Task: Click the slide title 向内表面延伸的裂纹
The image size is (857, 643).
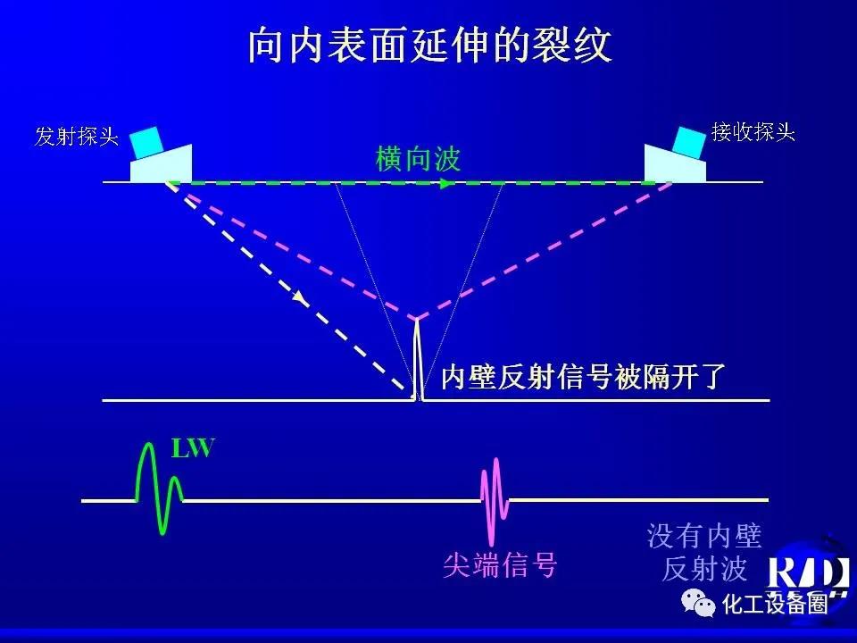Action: [429, 45]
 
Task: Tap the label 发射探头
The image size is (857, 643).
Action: [77, 136]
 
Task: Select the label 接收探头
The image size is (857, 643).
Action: [753, 132]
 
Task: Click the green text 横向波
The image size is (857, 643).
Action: [418, 159]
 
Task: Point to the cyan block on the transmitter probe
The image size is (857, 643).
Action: [146, 143]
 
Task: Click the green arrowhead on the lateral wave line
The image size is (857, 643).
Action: [447, 183]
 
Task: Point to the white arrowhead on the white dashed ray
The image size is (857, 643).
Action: [298, 296]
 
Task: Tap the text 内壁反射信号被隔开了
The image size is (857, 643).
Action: [583, 377]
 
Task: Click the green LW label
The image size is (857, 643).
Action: [193, 447]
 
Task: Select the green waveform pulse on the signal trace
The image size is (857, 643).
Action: [159, 488]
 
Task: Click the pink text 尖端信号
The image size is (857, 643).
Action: [500, 564]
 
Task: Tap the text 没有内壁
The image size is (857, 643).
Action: [704, 536]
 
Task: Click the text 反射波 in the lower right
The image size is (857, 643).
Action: [704, 569]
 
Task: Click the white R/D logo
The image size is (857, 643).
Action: [808, 574]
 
